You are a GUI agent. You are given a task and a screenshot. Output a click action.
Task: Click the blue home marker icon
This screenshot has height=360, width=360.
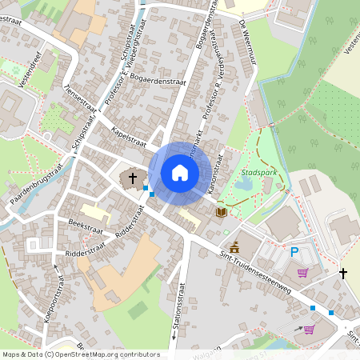tap(180, 172)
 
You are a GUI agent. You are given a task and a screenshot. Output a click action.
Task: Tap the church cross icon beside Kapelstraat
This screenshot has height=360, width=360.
tap(132, 178)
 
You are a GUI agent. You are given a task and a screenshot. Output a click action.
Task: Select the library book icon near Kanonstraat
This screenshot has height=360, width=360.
tap(221, 212)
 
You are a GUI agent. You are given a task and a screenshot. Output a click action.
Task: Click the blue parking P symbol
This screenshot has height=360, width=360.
tap(294, 252)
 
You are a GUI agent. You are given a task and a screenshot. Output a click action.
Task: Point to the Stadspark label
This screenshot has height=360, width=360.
tap(258, 172)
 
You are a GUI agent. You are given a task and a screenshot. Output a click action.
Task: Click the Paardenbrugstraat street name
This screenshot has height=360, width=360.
tap(37, 189)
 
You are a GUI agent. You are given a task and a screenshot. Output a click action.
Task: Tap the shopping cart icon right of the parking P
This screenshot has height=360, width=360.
tap(302, 273)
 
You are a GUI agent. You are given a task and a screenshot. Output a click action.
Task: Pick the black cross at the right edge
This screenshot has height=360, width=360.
tap(343, 274)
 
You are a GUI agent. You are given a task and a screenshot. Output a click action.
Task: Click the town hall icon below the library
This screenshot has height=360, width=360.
tap(234, 246)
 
